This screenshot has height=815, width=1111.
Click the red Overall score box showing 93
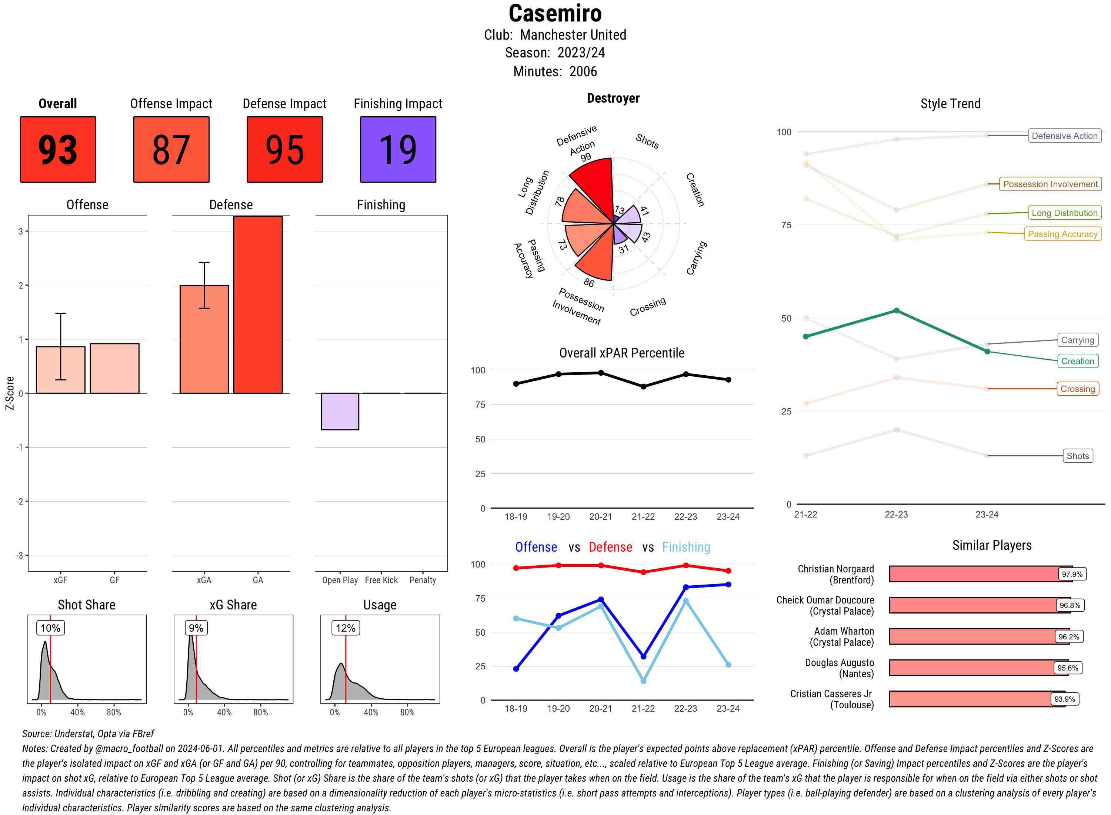coord(58,150)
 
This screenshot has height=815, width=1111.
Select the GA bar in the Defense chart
coord(258,305)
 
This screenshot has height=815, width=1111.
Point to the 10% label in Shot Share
coord(50,628)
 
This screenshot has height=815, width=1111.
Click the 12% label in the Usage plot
coord(345,628)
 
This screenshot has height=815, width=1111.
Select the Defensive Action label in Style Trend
coord(1064,136)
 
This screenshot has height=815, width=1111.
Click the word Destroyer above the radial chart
coord(613,98)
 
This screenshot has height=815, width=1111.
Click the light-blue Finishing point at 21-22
coord(643,681)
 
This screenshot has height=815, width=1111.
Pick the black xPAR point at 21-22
coord(643,387)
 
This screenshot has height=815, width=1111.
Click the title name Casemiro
coord(555,13)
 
